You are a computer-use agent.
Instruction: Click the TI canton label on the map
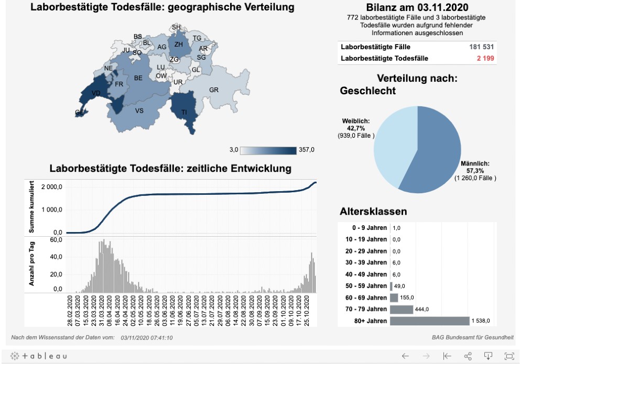[x=184, y=112]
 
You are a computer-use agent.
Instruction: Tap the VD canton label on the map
[x=96, y=93]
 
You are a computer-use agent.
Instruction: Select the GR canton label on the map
[x=214, y=90]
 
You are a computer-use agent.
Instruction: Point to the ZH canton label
[x=178, y=45]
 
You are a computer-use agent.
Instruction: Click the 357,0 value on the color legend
[x=306, y=150]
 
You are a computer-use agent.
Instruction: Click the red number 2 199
[x=485, y=58]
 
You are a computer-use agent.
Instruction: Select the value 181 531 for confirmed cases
[x=482, y=47]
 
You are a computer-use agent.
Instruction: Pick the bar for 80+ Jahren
[x=429, y=321]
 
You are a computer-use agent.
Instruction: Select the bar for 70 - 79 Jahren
[x=402, y=310]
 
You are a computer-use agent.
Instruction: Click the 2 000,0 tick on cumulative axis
[x=52, y=187]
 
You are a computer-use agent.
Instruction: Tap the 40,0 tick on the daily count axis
[x=56, y=257]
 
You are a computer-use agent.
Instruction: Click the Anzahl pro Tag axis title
[x=32, y=263]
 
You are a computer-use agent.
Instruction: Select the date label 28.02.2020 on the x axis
[x=70, y=311]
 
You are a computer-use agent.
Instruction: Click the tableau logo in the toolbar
[x=38, y=356]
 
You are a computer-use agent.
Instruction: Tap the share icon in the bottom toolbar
[x=468, y=356]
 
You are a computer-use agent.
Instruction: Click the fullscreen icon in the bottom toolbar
[x=509, y=356]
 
